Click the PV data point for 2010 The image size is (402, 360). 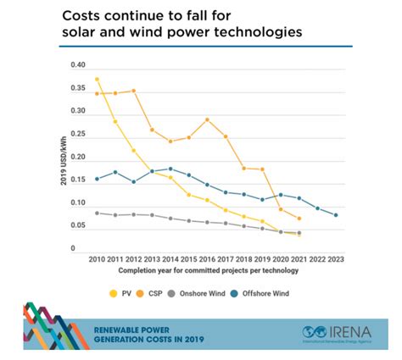tap(97, 80)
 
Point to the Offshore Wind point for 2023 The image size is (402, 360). tap(336, 215)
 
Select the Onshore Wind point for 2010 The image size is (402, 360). tap(97, 213)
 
